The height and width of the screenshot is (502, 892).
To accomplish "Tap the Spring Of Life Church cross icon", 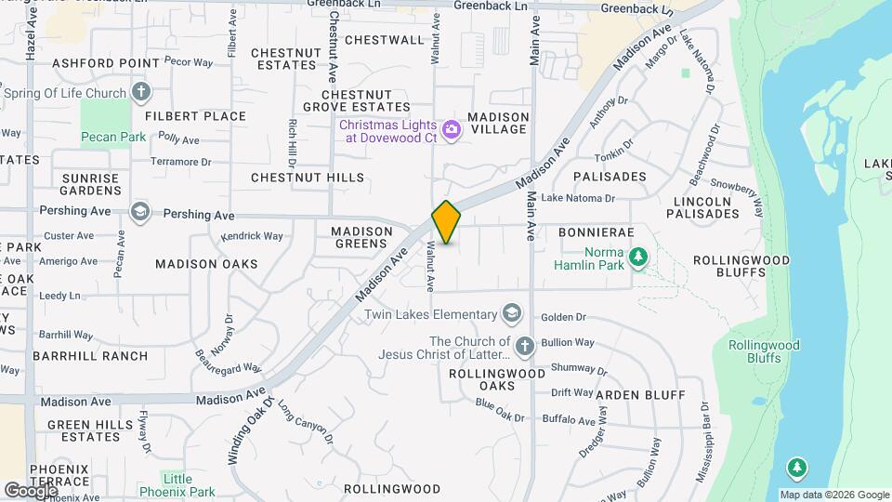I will (x=140, y=92).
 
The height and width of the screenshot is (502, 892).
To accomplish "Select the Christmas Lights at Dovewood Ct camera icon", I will (x=452, y=130).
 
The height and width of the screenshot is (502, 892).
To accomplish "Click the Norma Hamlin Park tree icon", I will (x=637, y=256).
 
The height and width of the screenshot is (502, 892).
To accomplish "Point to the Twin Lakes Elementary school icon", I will (x=511, y=313).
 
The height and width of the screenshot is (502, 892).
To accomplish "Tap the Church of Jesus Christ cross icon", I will (x=524, y=347).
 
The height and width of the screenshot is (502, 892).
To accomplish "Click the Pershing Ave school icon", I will (x=139, y=213).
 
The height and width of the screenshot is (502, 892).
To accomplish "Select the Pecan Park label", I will (x=112, y=138).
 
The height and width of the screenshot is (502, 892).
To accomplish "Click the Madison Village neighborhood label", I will (x=498, y=123).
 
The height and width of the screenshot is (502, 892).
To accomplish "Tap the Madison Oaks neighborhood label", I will (x=206, y=264).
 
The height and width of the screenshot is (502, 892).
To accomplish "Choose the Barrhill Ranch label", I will (x=90, y=356).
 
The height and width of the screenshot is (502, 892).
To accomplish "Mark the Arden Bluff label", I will (x=640, y=395).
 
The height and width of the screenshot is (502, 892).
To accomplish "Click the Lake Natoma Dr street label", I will (x=578, y=198).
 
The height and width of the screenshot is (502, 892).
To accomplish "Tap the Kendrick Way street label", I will (x=252, y=236).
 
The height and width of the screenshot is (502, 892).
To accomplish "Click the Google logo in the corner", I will (x=31, y=490).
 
